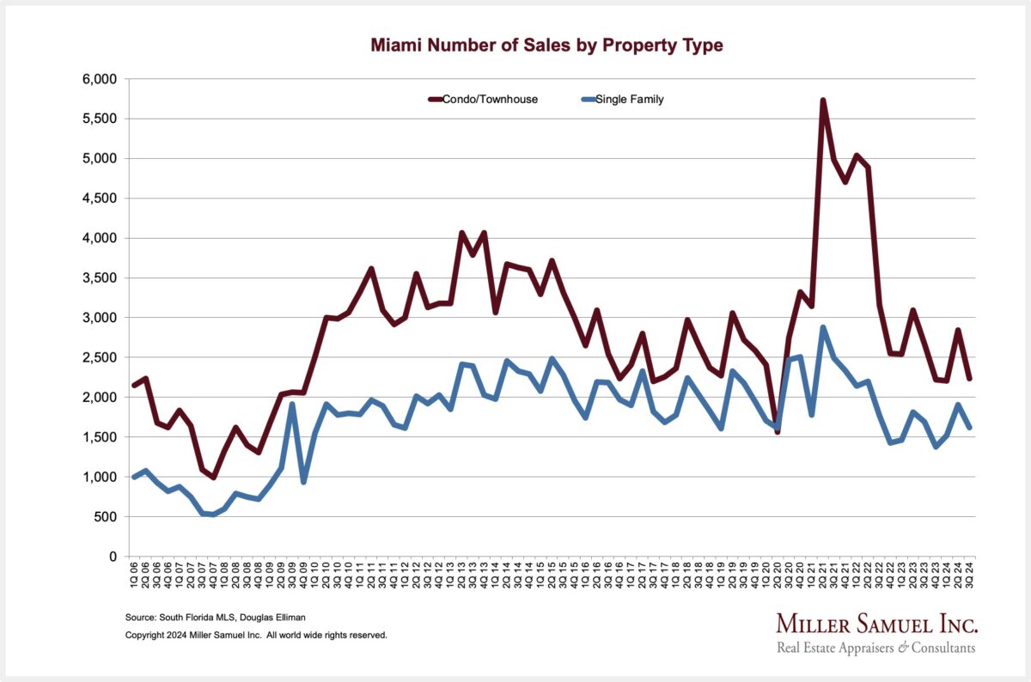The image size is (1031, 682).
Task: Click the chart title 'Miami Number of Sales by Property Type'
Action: pyautogui.click(x=546, y=46)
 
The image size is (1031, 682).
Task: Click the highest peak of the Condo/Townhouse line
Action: pyautogui.click(x=823, y=100)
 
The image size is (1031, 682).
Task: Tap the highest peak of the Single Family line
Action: pyautogui.click(x=823, y=327)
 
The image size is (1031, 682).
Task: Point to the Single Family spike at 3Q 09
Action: pyautogui.click(x=292, y=405)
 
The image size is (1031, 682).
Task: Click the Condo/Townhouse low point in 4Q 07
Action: pyautogui.click(x=213, y=478)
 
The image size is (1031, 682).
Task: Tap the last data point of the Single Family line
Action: pyautogui.click(x=970, y=427)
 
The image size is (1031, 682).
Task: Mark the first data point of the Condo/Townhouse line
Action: pyautogui.click(x=134, y=386)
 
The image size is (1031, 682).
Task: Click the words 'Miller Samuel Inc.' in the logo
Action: pyautogui.click(x=876, y=624)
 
